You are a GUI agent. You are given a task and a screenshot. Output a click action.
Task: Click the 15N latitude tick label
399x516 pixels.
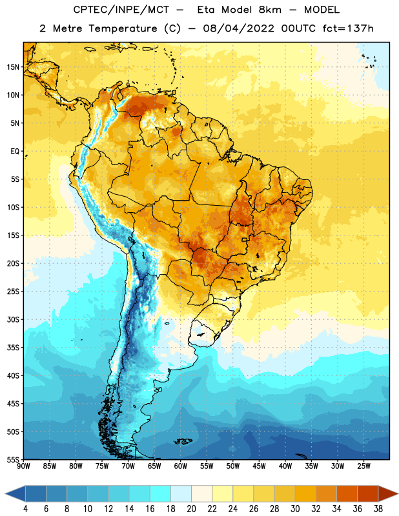click(13, 67)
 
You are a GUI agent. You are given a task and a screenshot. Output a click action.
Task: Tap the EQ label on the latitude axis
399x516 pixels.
click(15, 152)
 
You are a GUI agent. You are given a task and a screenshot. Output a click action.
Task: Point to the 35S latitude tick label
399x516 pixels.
click(13, 348)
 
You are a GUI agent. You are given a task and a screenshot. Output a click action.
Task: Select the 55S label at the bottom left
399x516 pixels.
click(13, 459)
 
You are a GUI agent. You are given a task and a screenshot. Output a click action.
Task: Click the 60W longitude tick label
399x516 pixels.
click(181, 466)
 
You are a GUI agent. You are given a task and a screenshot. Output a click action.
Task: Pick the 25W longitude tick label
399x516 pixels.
click(363, 466)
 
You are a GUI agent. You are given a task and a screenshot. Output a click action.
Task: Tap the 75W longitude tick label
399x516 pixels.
click(102, 466)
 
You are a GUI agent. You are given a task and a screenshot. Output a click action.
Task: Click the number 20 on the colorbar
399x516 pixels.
click(191, 509)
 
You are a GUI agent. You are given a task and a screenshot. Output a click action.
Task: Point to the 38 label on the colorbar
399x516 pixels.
click(378, 509)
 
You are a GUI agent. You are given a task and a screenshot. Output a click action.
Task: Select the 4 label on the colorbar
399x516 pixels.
click(25, 509)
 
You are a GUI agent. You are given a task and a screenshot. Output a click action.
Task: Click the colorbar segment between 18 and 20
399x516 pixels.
click(181, 494)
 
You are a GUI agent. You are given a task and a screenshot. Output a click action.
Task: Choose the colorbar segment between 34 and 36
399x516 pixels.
click(347, 494)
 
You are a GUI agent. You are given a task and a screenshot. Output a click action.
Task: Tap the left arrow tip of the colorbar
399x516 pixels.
click(6, 494)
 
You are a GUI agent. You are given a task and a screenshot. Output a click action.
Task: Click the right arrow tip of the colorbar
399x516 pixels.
click(398, 494)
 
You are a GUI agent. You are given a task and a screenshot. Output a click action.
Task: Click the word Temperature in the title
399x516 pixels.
click(123, 28)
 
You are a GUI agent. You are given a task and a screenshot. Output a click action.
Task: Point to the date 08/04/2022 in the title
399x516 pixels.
click(238, 28)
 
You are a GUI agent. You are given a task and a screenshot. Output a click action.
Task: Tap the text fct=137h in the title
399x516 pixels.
click(348, 28)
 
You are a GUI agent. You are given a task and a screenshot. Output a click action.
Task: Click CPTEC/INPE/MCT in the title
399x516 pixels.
click(121, 10)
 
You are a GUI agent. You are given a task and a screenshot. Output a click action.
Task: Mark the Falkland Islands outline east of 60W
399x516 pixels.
click(183, 441)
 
